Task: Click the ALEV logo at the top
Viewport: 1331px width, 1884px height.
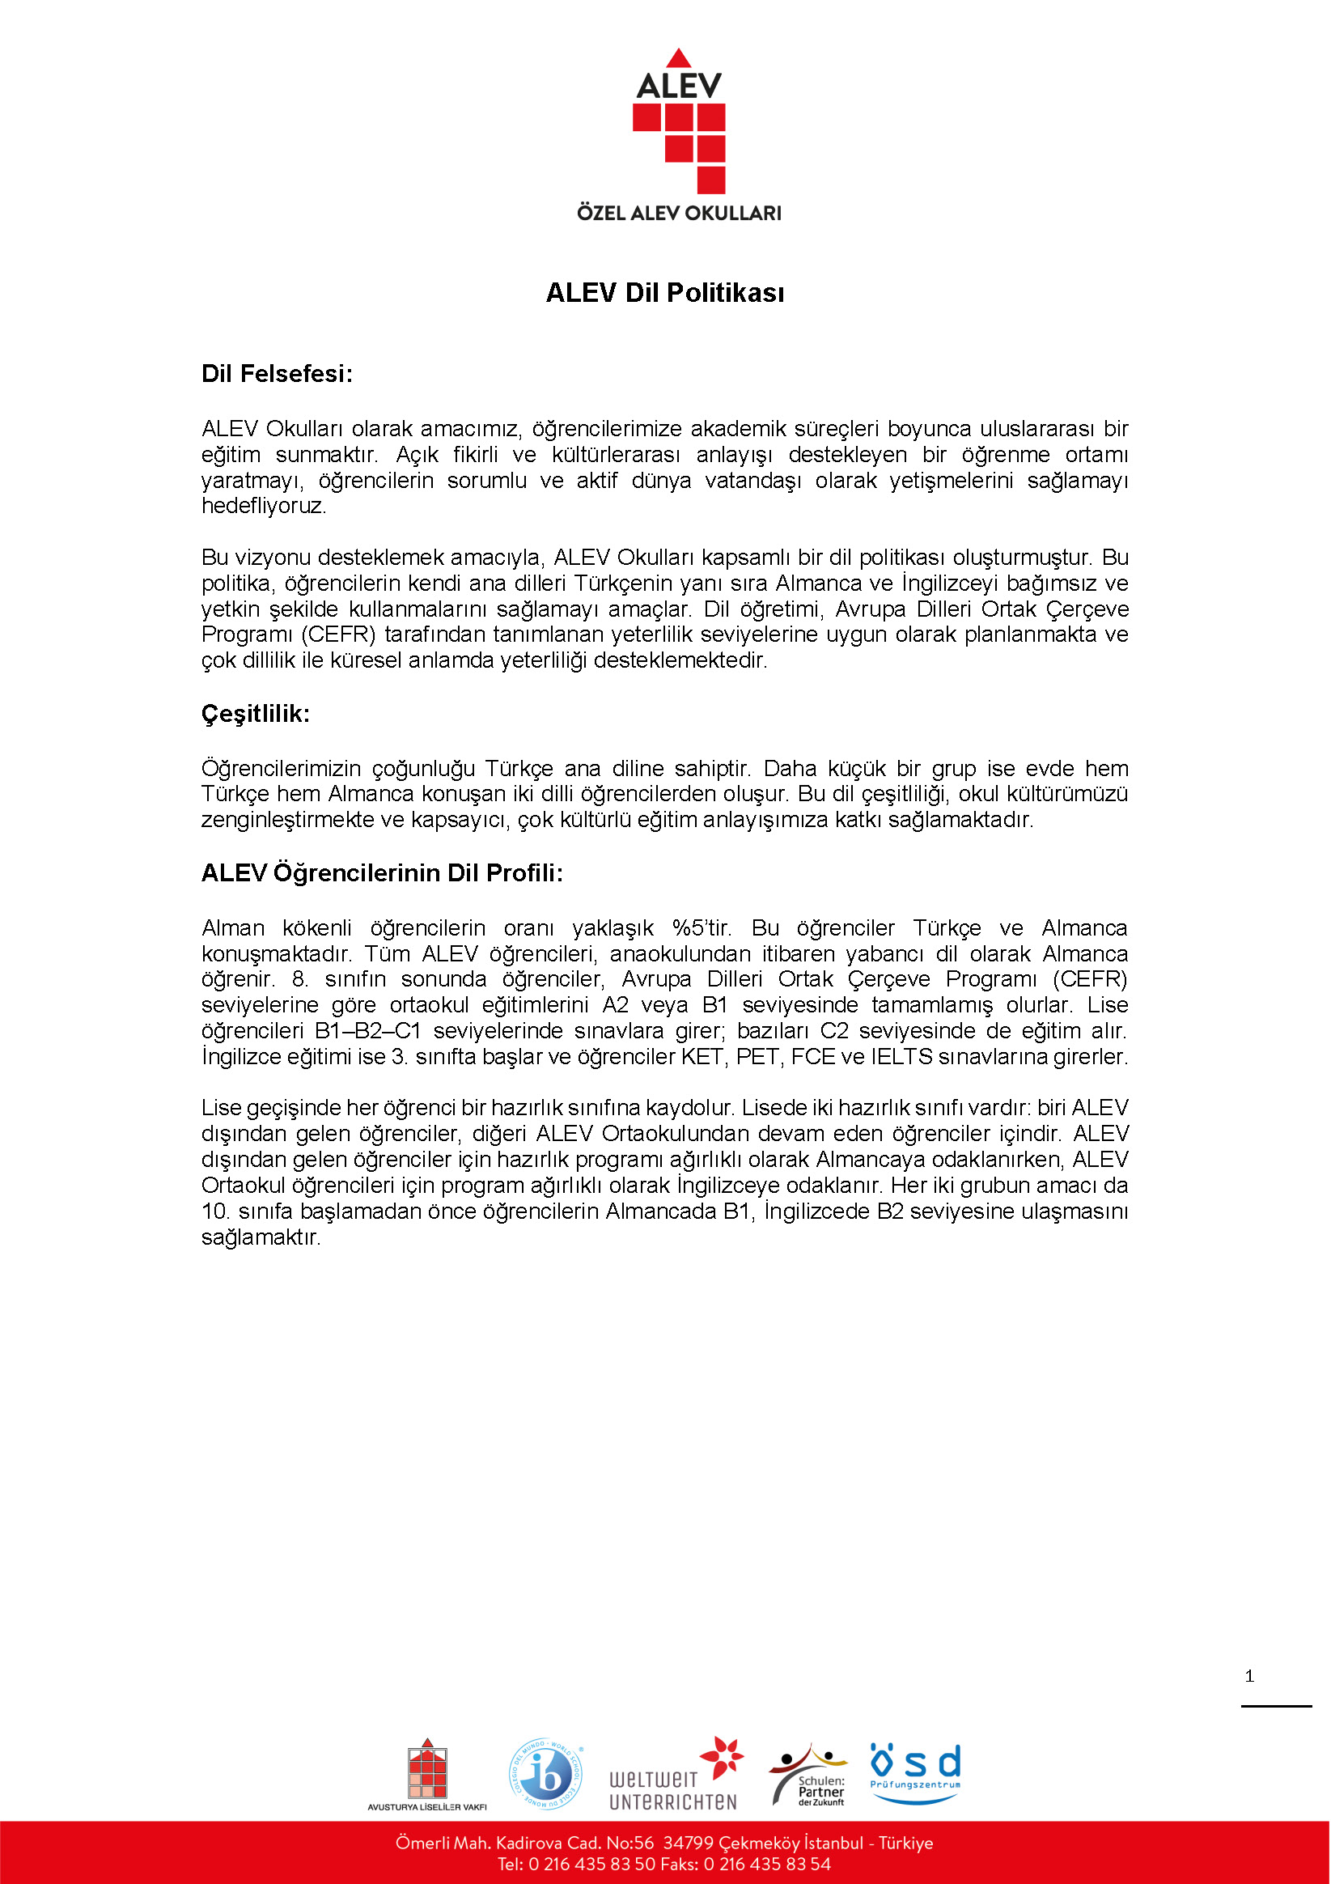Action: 679,123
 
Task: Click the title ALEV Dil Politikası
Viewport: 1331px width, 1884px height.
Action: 664,293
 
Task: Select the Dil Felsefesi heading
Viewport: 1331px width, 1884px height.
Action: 277,374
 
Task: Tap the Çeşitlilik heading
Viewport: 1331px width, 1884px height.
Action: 255,714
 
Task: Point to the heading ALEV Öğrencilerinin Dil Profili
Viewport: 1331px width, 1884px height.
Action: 382,873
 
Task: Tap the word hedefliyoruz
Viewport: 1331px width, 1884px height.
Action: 264,506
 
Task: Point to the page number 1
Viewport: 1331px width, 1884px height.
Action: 1250,1676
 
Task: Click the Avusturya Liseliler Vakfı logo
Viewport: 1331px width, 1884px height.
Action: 426,1776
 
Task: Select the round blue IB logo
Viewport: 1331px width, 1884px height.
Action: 545,1774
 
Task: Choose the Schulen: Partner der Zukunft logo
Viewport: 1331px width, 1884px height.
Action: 808,1776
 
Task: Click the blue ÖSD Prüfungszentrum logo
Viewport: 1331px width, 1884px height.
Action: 915,1772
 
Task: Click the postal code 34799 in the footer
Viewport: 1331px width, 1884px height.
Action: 688,1843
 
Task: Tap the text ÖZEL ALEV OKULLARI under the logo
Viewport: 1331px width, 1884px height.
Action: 679,214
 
